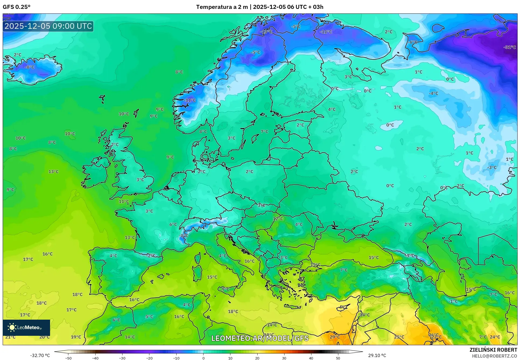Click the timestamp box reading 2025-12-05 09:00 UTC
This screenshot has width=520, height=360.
point(48,26)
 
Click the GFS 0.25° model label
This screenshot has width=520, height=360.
point(16,7)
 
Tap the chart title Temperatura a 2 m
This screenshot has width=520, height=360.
point(222,7)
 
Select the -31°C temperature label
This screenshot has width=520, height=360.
point(510,47)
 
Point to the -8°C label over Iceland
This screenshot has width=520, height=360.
point(30,67)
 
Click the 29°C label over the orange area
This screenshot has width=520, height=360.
point(335,337)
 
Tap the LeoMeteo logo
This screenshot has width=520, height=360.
point(26,327)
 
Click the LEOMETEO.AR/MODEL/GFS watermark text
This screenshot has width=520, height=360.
point(260,338)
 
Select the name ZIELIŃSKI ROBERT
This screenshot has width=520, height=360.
point(493,350)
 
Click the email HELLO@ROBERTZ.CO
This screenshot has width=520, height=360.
point(494,356)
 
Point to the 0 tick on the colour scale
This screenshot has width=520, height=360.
point(203,358)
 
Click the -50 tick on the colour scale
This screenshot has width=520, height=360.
point(68,358)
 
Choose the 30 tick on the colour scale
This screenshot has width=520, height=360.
point(284,358)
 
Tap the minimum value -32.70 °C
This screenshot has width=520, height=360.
point(40,355)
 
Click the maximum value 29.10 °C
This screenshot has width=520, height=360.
point(377,355)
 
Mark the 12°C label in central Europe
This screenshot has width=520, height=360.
point(278,219)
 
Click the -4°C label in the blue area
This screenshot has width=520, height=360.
point(433,93)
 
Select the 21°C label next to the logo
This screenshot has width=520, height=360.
point(10,337)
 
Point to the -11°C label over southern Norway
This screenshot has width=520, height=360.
point(190,100)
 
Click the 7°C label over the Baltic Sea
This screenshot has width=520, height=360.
point(264,132)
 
